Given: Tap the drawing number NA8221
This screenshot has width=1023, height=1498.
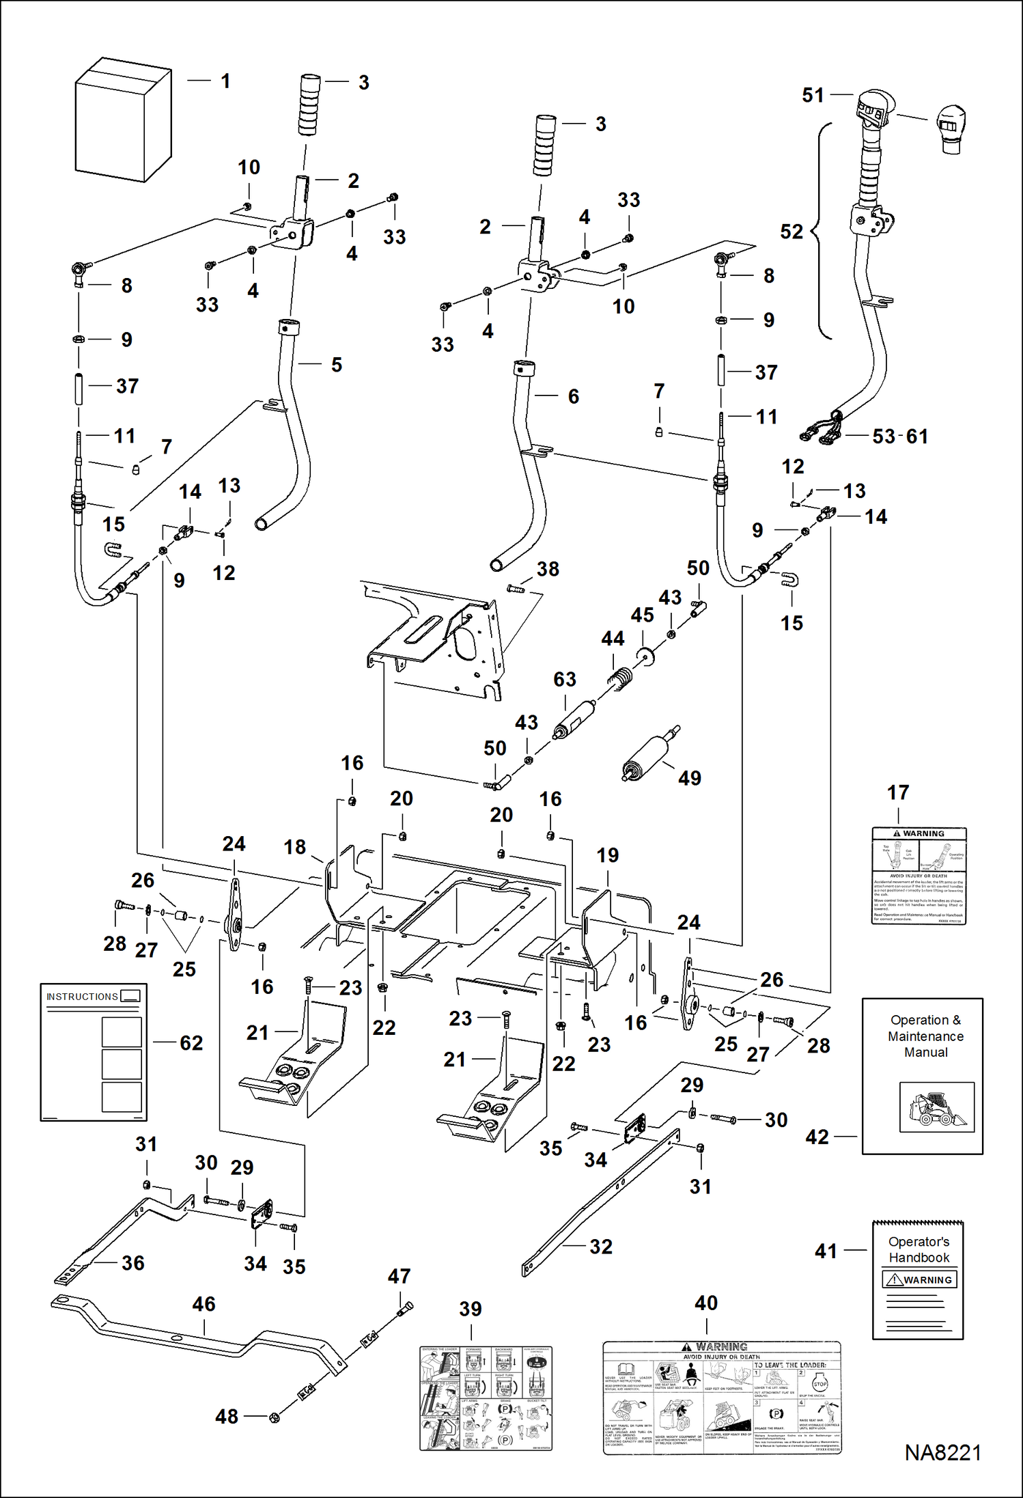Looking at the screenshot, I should click(x=942, y=1453).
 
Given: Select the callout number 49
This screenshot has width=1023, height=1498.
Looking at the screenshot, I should click(x=689, y=778).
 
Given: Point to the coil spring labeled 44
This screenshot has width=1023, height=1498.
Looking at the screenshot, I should click(x=620, y=679).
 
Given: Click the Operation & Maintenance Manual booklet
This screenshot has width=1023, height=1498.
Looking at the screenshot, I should click(x=922, y=1077).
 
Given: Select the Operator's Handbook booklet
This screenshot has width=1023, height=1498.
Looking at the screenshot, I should click(x=918, y=1280).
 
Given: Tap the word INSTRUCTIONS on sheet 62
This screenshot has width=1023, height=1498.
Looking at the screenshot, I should click(x=82, y=997).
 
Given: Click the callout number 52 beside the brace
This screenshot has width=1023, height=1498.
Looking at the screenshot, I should click(x=791, y=232).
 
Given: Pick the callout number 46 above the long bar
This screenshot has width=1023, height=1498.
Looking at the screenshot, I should click(x=204, y=1304).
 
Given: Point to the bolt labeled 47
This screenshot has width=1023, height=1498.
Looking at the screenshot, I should click(x=404, y=1309).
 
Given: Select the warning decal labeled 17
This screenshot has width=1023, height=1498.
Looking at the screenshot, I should click(x=919, y=876).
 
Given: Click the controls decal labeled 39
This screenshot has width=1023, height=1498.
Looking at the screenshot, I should click(x=486, y=1398).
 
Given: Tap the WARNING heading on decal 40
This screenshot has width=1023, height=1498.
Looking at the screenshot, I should click(x=722, y=1347).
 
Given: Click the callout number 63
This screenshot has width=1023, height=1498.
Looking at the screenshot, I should click(x=565, y=680).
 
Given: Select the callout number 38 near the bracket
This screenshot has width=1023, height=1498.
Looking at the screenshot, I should click(x=548, y=569).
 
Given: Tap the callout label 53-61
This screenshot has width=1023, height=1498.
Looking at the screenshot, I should click(x=900, y=436).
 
